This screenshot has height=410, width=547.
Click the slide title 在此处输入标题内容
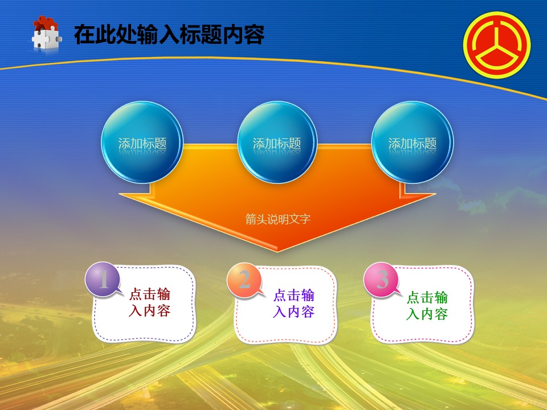169,34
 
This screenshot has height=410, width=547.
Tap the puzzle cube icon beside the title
46,35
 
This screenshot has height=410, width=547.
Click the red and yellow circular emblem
497,45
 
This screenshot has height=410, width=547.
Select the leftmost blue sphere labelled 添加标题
142,142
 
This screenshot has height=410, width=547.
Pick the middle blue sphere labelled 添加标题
277,142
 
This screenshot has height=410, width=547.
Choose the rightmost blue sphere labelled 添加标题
413,142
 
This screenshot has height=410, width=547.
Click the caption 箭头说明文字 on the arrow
277,219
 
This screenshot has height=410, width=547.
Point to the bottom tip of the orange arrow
277,251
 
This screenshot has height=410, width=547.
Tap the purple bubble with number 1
103,279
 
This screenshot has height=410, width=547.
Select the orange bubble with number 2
244,280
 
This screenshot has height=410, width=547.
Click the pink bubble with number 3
381,279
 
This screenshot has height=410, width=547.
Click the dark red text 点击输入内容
149,302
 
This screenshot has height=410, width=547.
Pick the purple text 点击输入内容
294,304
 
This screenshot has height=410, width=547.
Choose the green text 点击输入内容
427,306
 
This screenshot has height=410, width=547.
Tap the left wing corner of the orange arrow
119,194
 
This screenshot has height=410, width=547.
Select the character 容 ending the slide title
254,34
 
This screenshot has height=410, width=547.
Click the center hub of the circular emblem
497,46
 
